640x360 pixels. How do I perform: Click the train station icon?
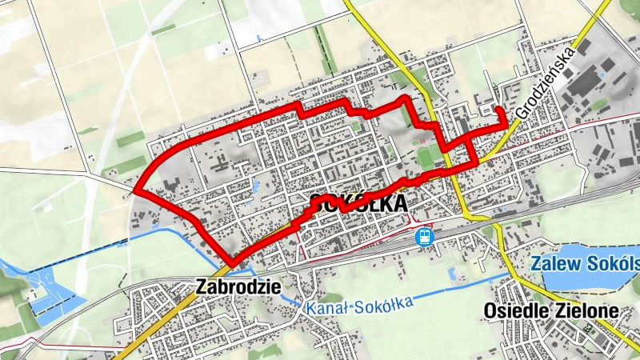pos(424,237)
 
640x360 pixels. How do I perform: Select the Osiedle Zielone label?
pos(551,310)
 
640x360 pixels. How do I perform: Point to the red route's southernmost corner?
pos(232,264)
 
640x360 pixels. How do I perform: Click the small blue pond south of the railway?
pos(453,274)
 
